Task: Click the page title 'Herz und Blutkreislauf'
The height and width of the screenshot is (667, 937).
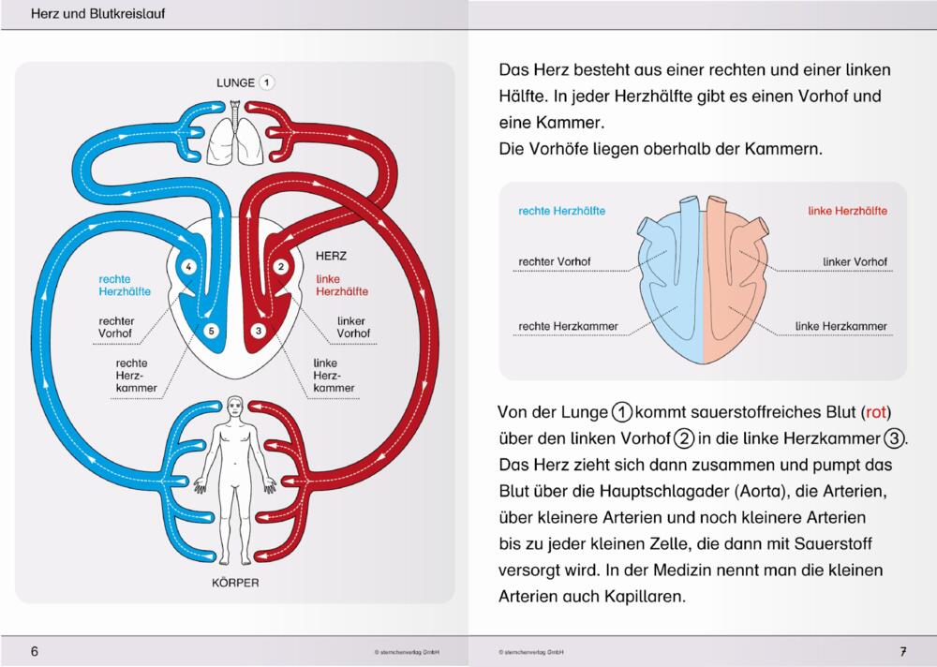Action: point(98,13)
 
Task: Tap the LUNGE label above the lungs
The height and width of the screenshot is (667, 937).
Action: point(235,82)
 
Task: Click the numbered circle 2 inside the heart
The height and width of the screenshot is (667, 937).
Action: point(281,267)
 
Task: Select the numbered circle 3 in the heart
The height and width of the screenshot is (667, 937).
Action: point(259,330)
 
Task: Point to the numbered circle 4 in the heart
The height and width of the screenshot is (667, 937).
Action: point(188,267)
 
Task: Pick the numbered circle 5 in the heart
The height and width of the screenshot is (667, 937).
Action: point(211,331)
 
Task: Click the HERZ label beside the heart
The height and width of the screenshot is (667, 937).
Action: point(331,256)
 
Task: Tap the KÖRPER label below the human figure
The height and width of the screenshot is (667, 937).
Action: point(235,582)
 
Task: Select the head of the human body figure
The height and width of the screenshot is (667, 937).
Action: point(235,407)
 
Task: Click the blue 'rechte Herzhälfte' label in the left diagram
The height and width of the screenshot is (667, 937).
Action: point(125,285)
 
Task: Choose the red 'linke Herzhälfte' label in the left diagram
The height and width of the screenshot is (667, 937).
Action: point(342,285)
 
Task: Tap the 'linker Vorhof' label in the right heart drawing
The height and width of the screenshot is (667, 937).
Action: point(855,261)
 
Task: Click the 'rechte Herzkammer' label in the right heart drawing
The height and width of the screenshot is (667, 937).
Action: point(568,326)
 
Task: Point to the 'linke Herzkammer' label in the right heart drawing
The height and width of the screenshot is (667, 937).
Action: point(840,326)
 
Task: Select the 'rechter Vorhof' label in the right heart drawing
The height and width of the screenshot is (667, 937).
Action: point(554,261)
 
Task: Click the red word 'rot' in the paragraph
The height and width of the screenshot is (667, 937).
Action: point(875,412)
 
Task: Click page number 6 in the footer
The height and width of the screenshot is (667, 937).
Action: point(35,651)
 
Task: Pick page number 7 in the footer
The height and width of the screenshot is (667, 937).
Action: point(903,651)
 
